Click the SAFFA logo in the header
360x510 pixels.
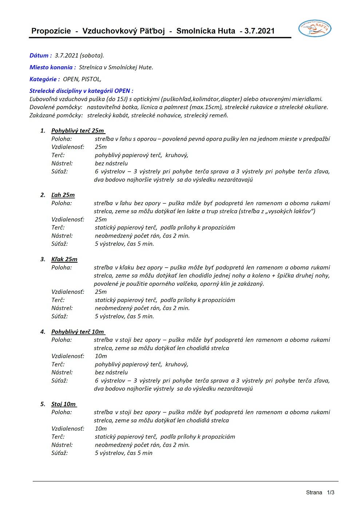click(315, 28)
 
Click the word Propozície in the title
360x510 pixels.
click(51, 31)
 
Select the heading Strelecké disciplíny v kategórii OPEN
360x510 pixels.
click(81, 91)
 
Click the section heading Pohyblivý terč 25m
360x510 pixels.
click(78, 131)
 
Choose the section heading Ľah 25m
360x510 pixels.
click(63, 195)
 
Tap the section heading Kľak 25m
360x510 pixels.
click(64, 259)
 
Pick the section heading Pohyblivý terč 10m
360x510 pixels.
click(78, 332)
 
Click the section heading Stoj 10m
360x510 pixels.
click(64, 404)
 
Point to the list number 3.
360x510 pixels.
click(43, 259)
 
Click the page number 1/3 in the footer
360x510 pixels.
click(331, 493)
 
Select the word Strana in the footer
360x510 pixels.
click(314, 493)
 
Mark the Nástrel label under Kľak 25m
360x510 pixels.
click(62, 308)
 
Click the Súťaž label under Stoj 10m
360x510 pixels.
click(59, 453)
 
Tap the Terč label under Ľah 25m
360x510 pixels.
click(58, 228)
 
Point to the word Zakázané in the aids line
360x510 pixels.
click(42, 115)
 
